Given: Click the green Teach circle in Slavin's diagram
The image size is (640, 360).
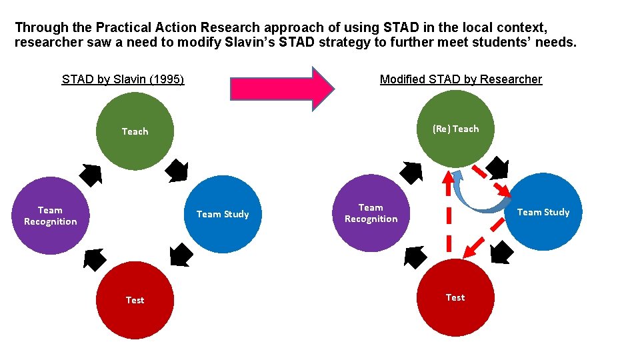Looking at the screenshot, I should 135,131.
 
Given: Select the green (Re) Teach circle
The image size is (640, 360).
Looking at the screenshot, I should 455,129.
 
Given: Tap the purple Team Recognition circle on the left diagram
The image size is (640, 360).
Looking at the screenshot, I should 51,215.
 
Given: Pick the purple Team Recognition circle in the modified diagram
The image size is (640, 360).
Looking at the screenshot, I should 371,213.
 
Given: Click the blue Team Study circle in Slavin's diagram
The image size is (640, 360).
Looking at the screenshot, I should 222,214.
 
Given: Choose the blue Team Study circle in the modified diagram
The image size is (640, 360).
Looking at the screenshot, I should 543,212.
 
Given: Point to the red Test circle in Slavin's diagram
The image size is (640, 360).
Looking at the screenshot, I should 135,300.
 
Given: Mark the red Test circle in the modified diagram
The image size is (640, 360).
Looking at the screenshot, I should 455,297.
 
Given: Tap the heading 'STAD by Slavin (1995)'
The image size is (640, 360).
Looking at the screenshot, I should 123,79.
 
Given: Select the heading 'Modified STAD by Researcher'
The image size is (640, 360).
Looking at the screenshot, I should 461,79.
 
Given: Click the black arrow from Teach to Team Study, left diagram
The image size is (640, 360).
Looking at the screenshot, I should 177,171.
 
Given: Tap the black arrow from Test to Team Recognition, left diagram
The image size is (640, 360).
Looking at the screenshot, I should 94,259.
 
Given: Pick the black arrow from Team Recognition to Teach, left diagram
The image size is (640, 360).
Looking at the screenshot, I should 91,175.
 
